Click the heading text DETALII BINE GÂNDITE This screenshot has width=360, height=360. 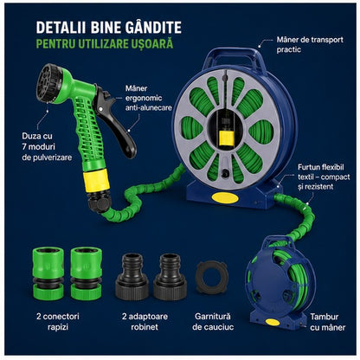pyautogui.click(x=109, y=28)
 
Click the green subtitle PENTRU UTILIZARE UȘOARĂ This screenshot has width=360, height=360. pyautogui.click(x=105, y=44)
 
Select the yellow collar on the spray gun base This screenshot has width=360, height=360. pyautogui.click(x=96, y=180)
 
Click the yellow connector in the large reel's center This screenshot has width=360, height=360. pyautogui.click(x=227, y=138)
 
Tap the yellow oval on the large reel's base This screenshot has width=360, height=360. pyautogui.click(x=225, y=198)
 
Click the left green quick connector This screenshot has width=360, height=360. pyautogui.click(x=48, y=273)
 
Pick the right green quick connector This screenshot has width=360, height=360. pyautogui.click(x=86, y=273)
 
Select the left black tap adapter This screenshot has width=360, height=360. pyautogui.click(x=132, y=277)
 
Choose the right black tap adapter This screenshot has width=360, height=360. pyautogui.click(x=170, y=277)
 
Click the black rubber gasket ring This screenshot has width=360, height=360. pyautogui.click(x=212, y=278)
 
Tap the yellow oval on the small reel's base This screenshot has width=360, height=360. pyautogui.click(x=273, y=322)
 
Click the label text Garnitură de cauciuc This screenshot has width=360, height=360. pyautogui.click(x=213, y=322)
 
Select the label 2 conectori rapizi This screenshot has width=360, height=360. pyautogui.click(x=58, y=322)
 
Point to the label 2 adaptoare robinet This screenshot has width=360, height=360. pyautogui.click(x=145, y=322)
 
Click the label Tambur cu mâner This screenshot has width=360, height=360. pyautogui.click(x=328, y=322)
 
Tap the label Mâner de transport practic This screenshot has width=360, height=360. pyautogui.click(x=310, y=44)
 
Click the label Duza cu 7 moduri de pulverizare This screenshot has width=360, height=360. pyautogui.click(x=47, y=146)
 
